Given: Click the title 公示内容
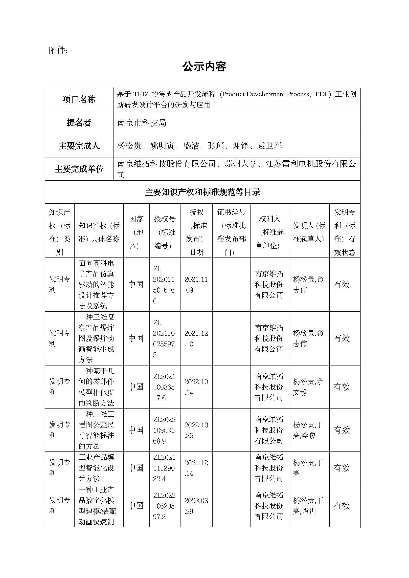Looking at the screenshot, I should click(204, 67).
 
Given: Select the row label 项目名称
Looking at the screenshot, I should click(79, 99).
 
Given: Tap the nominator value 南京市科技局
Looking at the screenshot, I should click(142, 123).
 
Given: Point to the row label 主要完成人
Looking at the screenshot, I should click(79, 146).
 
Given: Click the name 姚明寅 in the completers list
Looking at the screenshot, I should click(162, 146).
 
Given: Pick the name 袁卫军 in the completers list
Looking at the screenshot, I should click(270, 146).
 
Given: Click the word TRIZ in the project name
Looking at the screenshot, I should click(141, 94).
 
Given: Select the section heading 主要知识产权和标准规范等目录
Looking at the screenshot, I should click(203, 192).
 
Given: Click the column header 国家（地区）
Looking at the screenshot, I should click(136, 232).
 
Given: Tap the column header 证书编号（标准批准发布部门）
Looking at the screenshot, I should click(231, 232).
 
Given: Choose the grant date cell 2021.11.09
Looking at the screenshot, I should click(196, 285).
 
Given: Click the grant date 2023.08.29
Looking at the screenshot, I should click(196, 506).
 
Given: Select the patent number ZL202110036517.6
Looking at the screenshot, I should click(164, 387).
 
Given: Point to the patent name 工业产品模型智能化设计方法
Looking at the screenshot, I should click(96, 468).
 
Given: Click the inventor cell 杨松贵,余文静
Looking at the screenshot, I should click(308, 387).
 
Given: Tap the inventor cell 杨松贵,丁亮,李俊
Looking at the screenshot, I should click(308, 430).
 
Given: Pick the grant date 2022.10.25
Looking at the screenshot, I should click(196, 430).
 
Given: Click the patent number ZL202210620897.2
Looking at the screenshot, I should click(164, 506).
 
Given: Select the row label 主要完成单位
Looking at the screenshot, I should click(79, 169).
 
